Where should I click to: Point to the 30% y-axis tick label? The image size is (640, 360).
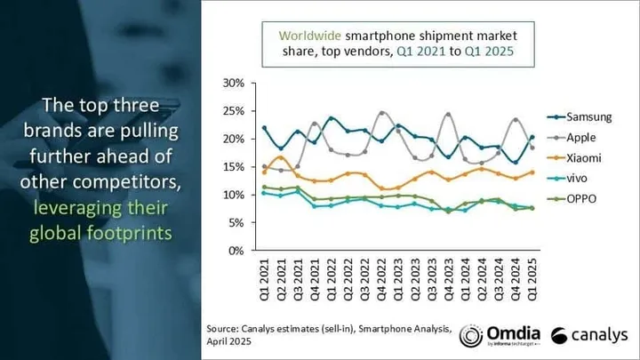(233, 83)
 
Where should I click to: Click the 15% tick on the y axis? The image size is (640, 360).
(233, 166)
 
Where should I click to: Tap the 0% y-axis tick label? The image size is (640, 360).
(236, 251)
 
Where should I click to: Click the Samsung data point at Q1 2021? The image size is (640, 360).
(264, 128)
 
